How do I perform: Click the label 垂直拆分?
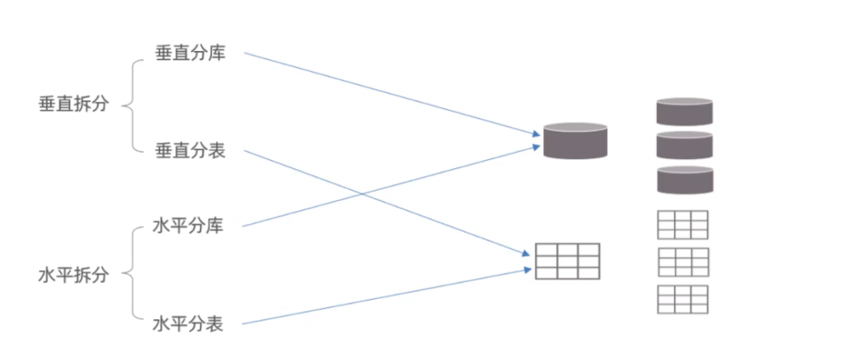pos(74,105)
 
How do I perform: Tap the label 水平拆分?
pos(74,275)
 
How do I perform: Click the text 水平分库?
pos(188,225)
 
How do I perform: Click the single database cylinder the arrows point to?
pos(575,141)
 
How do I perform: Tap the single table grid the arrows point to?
pos(567,261)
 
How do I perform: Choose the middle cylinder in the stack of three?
pos(684,146)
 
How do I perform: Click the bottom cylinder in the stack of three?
pos(684,179)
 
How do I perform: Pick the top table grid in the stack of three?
pos(682,224)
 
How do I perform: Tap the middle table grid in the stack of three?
pos(682,261)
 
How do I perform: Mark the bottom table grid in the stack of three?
pos(682,299)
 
